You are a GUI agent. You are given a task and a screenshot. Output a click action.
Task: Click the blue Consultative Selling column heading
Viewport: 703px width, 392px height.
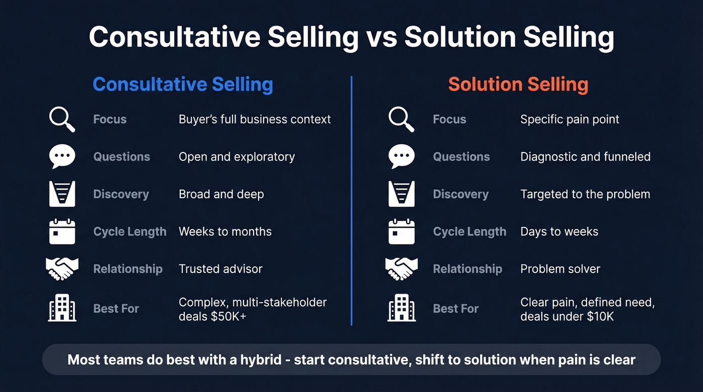pyautogui.click(x=183, y=84)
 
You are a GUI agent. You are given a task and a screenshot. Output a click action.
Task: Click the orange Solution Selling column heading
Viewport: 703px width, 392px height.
pyautogui.click(x=518, y=84)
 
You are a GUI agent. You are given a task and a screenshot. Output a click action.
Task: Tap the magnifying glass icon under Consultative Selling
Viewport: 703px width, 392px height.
pyautogui.click(x=62, y=120)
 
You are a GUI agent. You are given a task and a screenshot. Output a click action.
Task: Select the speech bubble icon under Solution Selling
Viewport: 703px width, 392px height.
pyautogui.click(x=402, y=157)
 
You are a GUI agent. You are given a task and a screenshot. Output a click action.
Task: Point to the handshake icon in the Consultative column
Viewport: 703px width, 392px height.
pyautogui.click(x=62, y=269)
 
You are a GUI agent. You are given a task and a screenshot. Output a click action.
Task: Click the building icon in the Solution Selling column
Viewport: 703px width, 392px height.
pyautogui.click(x=402, y=308)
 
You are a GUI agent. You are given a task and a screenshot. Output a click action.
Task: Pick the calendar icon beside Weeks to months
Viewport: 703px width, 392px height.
pyautogui.click(x=62, y=231)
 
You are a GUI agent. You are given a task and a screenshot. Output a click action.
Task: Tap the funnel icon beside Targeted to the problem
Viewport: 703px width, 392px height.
pyautogui.click(x=402, y=194)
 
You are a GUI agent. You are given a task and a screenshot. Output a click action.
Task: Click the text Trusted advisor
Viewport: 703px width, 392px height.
pyautogui.click(x=220, y=269)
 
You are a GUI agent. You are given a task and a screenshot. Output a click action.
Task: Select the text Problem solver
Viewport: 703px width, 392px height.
pyautogui.click(x=560, y=269)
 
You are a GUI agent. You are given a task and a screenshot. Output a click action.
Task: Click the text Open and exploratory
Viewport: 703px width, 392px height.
pyautogui.click(x=237, y=157)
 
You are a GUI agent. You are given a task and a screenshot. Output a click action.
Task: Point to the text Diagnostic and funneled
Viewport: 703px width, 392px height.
pyautogui.click(x=585, y=157)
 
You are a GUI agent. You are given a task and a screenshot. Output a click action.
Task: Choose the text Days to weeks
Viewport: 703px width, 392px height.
pyautogui.click(x=559, y=231)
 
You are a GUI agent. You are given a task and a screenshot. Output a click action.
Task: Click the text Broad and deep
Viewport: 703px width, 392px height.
pyautogui.click(x=221, y=194)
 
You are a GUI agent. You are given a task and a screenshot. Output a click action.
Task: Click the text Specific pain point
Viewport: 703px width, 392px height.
pyautogui.click(x=569, y=119)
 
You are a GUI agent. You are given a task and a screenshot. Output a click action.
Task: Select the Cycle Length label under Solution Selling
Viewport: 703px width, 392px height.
pyautogui.click(x=469, y=231)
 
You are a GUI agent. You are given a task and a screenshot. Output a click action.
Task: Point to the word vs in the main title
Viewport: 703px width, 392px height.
pyautogui.click(x=382, y=37)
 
